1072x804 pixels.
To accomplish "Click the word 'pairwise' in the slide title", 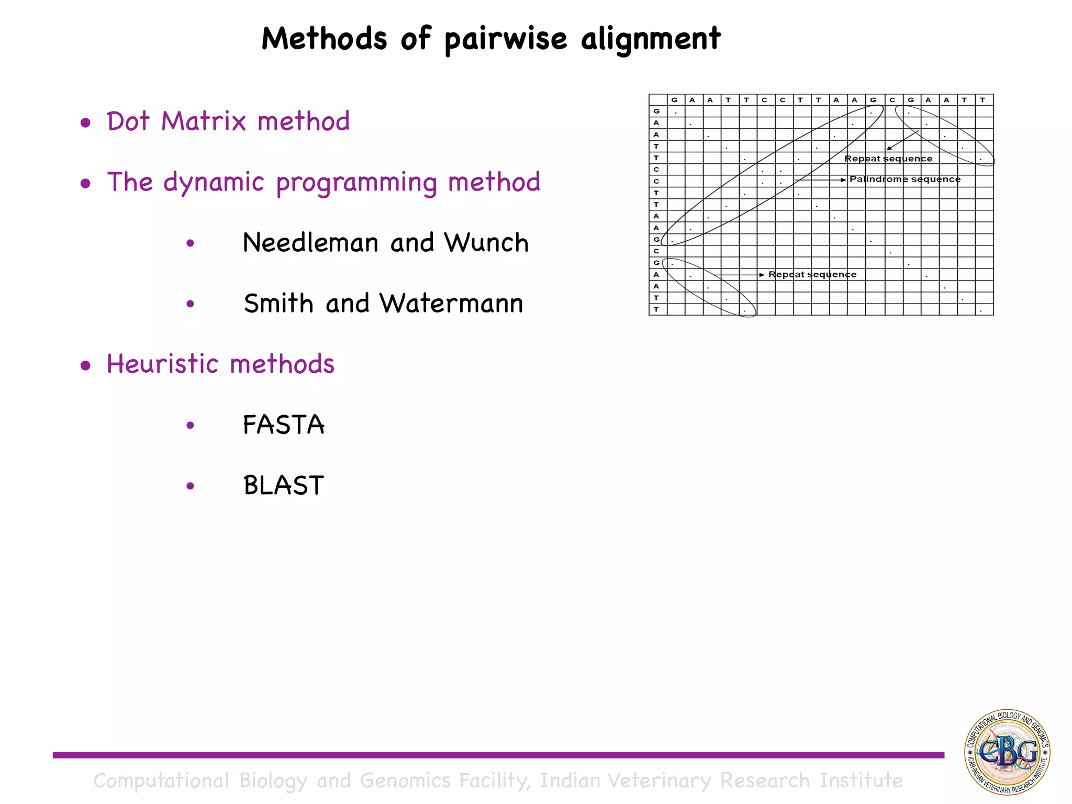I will (x=506, y=39).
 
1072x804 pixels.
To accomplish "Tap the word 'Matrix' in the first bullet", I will (x=203, y=121).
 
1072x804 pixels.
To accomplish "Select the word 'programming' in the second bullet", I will (x=356, y=182).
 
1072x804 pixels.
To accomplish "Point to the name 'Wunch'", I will (x=486, y=243).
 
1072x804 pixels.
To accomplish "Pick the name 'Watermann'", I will (x=451, y=304).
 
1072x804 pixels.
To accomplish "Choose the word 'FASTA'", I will (x=283, y=425).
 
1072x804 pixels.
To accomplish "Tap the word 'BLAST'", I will (x=283, y=485).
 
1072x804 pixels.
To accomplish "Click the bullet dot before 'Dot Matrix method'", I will (x=85, y=123).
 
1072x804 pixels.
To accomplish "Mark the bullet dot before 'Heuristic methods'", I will (x=85, y=366).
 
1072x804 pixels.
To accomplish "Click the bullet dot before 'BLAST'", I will (x=190, y=486).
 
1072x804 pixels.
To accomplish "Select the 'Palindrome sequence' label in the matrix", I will (x=904, y=179).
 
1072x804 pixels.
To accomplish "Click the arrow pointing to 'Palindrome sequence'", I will (x=820, y=180).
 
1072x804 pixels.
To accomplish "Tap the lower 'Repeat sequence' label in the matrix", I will (x=812, y=274).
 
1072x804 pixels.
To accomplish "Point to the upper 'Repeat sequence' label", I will (x=888, y=159).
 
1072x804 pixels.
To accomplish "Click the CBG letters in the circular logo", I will (x=1008, y=752).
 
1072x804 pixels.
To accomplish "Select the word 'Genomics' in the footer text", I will (x=405, y=780).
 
